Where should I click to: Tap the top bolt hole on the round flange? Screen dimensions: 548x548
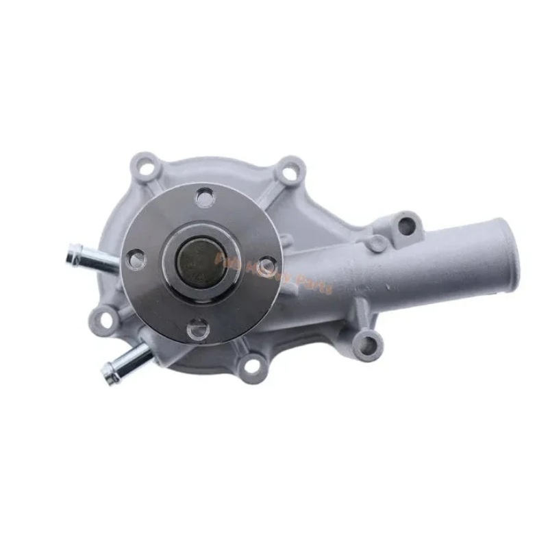click(x=205, y=199)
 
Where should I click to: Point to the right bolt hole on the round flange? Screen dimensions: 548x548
click(x=266, y=264)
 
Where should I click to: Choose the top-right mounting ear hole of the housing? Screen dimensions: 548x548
click(x=290, y=172)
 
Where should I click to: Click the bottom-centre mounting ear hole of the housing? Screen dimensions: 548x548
click(x=252, y=366)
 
